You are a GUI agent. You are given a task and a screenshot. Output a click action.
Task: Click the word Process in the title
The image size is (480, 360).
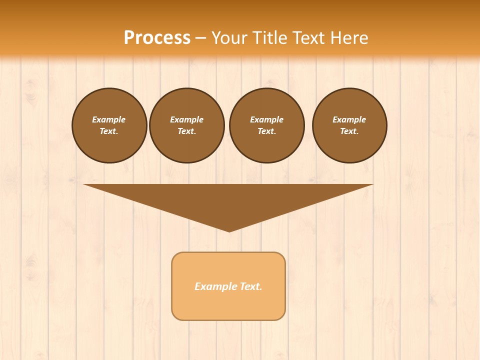[x=157, y=38]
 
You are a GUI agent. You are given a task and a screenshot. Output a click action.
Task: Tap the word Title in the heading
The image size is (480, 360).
[x=271, y=38]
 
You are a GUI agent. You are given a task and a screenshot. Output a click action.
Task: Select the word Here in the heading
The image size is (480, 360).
[x=349, y=38]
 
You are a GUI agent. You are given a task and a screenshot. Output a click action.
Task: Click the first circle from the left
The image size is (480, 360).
[x=109, y=125]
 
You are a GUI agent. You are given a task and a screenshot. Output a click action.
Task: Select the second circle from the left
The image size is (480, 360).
[x=186, y=125]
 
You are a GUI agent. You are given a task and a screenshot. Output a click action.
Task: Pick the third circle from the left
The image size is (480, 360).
[x=266, y=125]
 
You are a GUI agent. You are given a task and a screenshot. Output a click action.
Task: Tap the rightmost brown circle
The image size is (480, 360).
[x=349, y=125]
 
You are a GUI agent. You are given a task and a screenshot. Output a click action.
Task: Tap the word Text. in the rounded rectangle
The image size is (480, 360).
[x=251, y=286]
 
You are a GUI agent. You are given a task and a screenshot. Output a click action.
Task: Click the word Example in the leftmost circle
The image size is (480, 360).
[x=109, y=119]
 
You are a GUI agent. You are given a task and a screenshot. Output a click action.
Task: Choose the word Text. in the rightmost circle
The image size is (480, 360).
[x=349, y=131]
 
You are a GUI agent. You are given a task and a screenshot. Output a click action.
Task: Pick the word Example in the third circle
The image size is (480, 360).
[x=266, y=119]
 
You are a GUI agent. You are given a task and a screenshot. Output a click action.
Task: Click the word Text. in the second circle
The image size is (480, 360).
[x=186, y=131]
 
